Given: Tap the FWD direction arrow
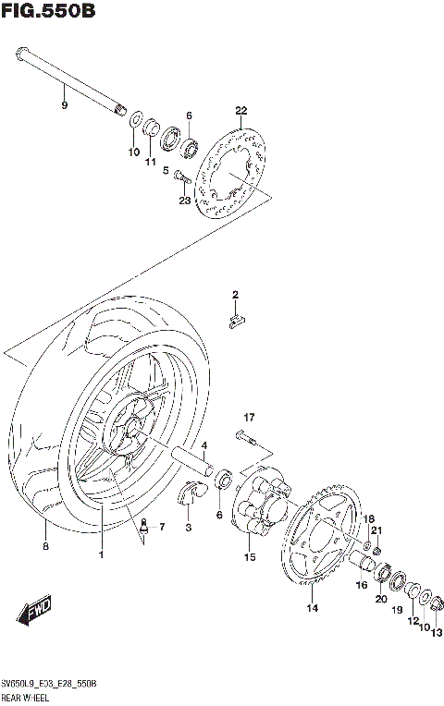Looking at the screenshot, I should point(33,612).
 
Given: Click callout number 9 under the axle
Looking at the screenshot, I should point(64,106).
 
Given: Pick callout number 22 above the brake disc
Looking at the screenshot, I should point(241,111).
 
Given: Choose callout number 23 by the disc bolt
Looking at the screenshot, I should point(184,201).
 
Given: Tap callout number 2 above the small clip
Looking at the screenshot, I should point(235,295).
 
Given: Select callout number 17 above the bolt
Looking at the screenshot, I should point(249,417).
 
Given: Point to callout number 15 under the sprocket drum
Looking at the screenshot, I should point(249,557).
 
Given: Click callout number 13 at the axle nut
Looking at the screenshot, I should point(437,631).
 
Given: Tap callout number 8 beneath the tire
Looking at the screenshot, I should point(45,547).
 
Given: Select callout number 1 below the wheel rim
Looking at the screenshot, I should point(102,554).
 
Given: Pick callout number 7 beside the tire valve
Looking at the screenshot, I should point(162,527).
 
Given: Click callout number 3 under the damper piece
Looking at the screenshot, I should point(188,527).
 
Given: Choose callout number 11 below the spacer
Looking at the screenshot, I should point(148,163).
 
